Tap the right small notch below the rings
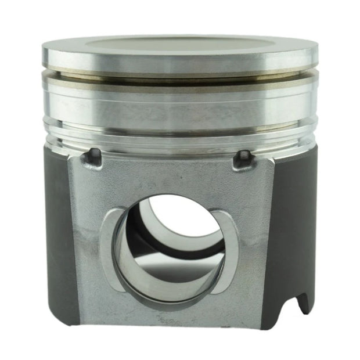244,158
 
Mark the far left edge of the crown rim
43,55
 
